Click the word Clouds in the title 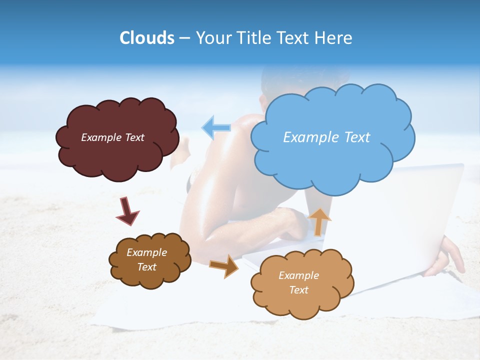pyautogui.click(x=147, y=38)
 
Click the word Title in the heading pyautogui.click(x=253, y=38)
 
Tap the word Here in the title pyautogui.click(x=334, y=38)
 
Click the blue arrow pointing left pyautogui.click(x=216, y=128)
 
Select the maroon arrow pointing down pyautogui.click(x=127, y=211)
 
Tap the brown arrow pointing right pyautogui.click(x=224, y=266)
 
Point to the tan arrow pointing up pyautogui.click(x=319, y=221)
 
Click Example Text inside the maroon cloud pyautogui.click(x=112, y=137)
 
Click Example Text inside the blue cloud pyautogui.click(x=326, y=137)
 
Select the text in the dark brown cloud pyautogui.click(x=147, y=259)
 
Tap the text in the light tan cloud pyautogui.click(x=298, y=282)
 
